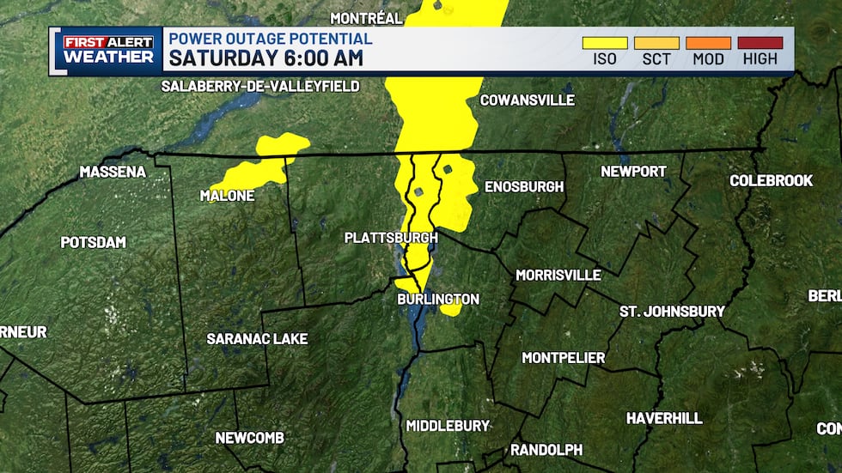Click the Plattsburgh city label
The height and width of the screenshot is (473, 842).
391,237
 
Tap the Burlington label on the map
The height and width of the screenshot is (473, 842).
437,299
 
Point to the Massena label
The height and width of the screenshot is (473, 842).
113,172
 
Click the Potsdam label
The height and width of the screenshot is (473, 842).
93,242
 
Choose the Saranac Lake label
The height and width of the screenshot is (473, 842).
257,339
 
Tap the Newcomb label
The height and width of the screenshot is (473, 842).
249,438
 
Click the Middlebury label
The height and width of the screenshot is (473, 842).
448,425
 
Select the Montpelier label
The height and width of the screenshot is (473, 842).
564,357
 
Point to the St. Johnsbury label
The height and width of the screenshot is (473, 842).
673,311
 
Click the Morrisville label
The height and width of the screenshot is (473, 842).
558,275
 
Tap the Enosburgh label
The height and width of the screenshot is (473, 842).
524,186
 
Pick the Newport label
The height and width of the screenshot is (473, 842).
633,171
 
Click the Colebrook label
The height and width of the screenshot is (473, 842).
771,180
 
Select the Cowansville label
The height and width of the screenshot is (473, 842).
527,100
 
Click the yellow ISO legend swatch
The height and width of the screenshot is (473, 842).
605,42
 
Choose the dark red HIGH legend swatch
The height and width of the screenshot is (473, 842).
760,42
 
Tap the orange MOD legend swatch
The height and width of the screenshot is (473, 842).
708,42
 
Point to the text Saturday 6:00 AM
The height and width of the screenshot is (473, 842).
265,58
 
